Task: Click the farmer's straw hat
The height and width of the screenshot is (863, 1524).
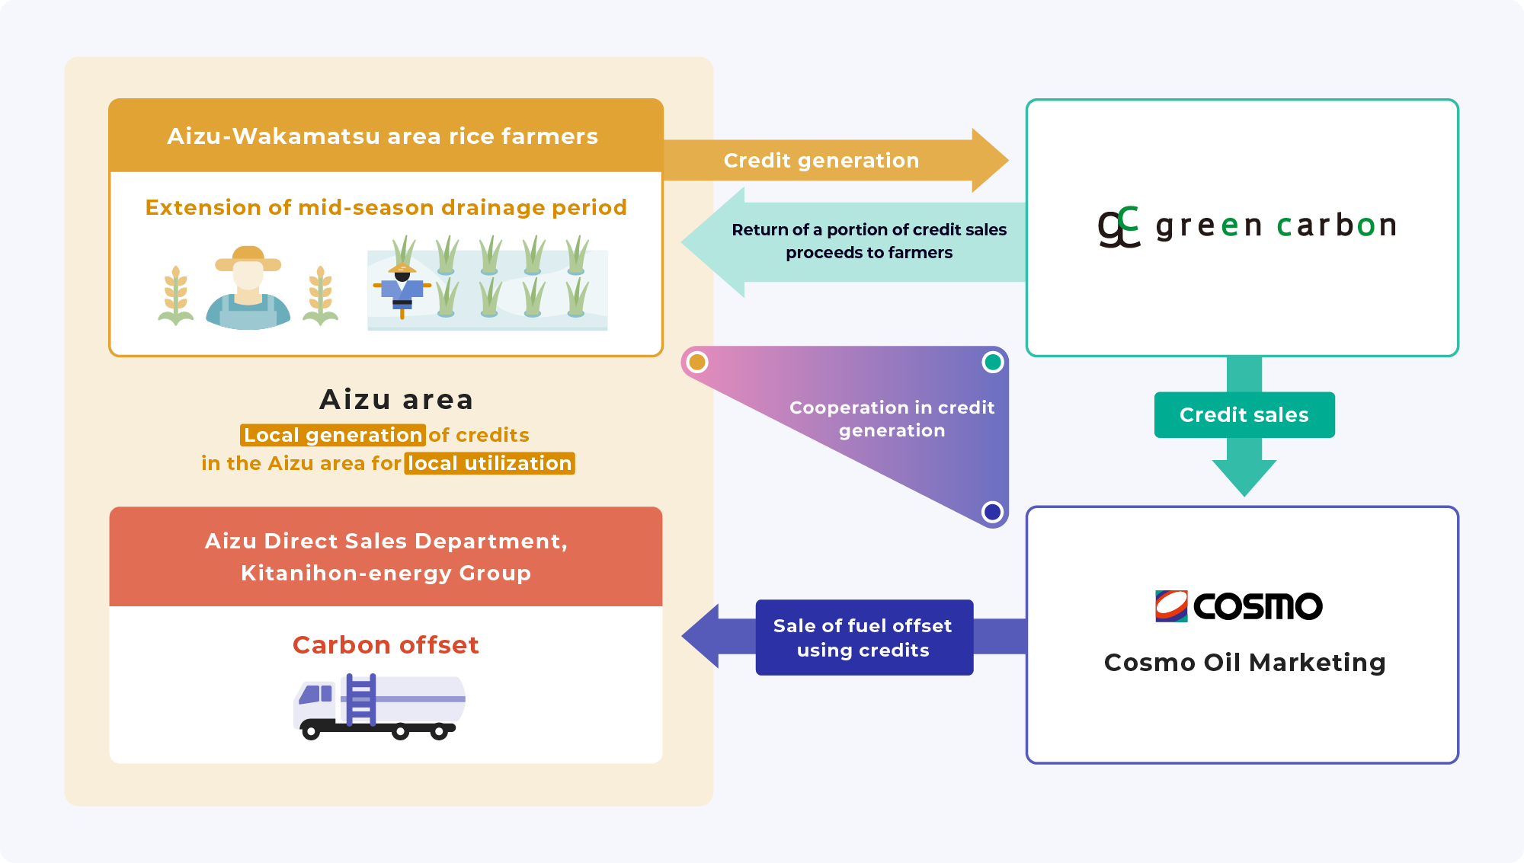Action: (x=248, y=258)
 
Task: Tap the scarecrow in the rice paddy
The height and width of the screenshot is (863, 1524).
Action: (x=402, y=289)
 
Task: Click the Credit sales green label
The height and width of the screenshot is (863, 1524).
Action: (x=1244, y=415)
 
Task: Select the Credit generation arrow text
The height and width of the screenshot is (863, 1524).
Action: (x=821, y=161)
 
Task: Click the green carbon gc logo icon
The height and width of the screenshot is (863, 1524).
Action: (x=1118, y=226)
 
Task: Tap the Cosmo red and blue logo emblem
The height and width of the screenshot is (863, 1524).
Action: (x=1171, y=606)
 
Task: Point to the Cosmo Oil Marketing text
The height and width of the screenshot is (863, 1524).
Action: (x=1244, y=662)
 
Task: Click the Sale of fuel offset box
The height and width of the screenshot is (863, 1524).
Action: (x=863, y=638)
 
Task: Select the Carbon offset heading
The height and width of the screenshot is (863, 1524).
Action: (x=386, y=645)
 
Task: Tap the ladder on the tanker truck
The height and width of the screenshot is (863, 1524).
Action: (x=360, y=699)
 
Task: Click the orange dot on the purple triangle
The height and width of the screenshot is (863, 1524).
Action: (x=696, y=363)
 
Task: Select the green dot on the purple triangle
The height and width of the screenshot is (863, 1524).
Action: (x=992, y=363)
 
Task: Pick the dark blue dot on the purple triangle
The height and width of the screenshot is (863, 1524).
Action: (x=992, y=512)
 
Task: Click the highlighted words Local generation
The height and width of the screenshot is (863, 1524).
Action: (x=333, y=435)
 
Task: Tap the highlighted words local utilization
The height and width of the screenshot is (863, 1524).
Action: (x=489, y=463)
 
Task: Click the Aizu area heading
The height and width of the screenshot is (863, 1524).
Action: (x=396, y=399)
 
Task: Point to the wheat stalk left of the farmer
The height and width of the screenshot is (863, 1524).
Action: (x=176, y=296)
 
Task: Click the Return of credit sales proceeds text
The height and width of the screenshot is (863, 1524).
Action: (x=869, y=241)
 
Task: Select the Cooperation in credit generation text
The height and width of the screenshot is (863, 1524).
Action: (x=892, y=419)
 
